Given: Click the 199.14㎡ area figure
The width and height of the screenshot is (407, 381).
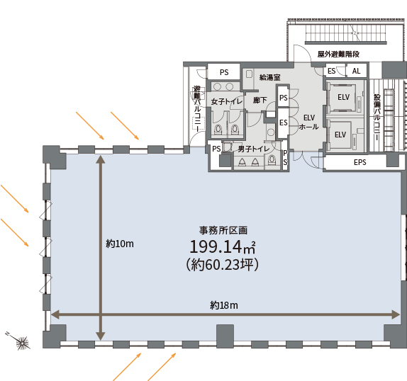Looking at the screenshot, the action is [223, 246].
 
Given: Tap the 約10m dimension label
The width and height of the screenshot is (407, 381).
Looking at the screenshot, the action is [120, 244].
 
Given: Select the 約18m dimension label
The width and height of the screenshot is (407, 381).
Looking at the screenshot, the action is [224, 305].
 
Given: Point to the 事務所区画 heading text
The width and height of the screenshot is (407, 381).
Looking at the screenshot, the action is [223, 230].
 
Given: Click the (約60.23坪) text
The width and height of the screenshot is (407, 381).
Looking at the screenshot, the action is [223, 265].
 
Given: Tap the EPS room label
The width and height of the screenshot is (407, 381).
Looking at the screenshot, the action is [360, 162].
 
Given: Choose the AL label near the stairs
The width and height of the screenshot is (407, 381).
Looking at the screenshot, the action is [356, 71].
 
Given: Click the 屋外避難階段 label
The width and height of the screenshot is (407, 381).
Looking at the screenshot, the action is [338, 54].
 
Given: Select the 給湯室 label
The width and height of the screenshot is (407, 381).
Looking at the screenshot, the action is [270, 77].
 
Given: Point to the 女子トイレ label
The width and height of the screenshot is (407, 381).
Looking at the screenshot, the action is [227, 101].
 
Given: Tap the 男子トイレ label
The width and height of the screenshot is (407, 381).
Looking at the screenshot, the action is [254, 149].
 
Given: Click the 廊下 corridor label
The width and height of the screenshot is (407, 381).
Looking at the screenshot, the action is [260, 100].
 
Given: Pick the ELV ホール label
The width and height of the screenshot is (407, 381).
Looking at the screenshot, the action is [309, 122].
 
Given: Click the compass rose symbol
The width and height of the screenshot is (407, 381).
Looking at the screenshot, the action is [22, 343].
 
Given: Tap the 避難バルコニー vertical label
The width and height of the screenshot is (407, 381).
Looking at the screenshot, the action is [197, 108].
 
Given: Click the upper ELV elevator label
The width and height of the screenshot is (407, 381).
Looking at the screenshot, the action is [343, 97].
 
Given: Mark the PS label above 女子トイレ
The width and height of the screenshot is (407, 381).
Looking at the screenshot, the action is [224, 72].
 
